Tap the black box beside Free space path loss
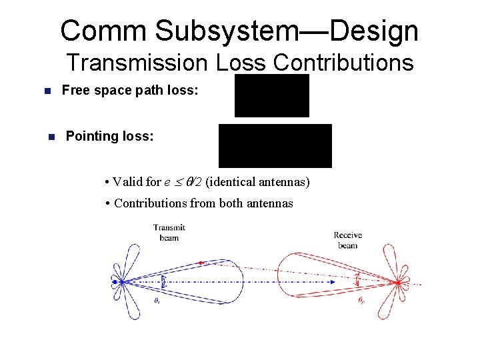(x=272, y=95)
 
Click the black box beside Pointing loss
(x=275, y=145)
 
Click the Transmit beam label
(x=169, y=233)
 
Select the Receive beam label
(x=347, y=240)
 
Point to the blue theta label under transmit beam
(x=158, y=301)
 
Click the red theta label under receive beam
(x=361, y=301)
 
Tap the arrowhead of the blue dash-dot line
(x=331, y=283)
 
